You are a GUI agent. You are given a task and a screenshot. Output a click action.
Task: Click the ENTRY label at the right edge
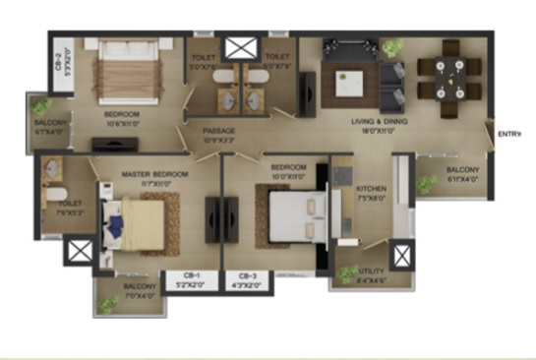(508, 134)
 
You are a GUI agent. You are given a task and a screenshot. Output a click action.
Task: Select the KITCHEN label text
(371, 188)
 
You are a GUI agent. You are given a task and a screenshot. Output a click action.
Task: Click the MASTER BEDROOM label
(155, 173)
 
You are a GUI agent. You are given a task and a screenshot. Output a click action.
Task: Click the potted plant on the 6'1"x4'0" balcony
(42, 107)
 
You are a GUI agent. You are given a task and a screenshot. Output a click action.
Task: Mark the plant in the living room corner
(392, 46)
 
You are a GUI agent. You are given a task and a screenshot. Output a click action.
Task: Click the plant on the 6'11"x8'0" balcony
(427, 184)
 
